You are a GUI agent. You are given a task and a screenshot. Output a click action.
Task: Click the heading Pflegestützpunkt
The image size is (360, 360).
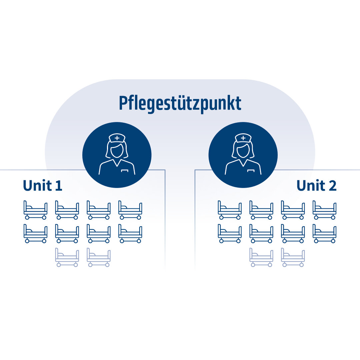tap(180, 103)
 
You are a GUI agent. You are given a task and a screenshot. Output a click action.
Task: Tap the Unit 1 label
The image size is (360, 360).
tap(43, 186)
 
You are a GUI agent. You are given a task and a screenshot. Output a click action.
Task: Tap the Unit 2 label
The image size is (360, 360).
tap(316, 186)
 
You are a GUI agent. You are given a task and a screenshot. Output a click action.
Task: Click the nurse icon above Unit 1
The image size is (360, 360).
tap(117, 155)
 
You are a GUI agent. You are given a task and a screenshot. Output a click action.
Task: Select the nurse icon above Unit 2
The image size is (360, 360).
tap(243, 155)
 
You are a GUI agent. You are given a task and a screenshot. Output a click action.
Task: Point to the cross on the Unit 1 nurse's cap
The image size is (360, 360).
tap(117, 138)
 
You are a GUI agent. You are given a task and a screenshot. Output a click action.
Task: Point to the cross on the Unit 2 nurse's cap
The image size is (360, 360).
tap(243, 138)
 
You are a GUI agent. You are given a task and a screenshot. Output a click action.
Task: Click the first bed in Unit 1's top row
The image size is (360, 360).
tap(35, 210)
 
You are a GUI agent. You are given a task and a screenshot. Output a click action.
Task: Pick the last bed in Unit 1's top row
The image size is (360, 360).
tap(130, 210)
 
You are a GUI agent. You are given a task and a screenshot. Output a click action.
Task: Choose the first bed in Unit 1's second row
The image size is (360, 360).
tap(35, 234)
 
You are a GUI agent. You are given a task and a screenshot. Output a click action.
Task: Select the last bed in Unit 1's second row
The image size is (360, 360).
tap(130, 234)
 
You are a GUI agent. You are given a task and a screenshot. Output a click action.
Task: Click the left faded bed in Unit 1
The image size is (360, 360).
tap(67, 257)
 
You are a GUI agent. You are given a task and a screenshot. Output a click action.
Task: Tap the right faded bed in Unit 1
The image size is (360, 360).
tap(99, 257)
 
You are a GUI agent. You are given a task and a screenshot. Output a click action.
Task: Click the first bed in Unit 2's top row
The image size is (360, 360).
tap(230, 210)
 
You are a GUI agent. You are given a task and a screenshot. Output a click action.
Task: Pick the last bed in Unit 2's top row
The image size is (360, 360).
tap(325, 210)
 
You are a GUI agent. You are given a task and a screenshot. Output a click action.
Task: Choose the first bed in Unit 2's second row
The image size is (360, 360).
tap(230, 234)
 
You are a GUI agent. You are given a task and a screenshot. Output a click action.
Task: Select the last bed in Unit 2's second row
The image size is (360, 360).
tap(325, 234)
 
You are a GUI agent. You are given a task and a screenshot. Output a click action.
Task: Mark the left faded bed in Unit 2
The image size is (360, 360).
tap(261, 257)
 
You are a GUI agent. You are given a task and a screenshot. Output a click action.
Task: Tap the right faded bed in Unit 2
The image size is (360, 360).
tap(293, 257)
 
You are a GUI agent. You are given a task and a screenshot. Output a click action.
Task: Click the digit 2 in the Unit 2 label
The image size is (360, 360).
tap(332, 186)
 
